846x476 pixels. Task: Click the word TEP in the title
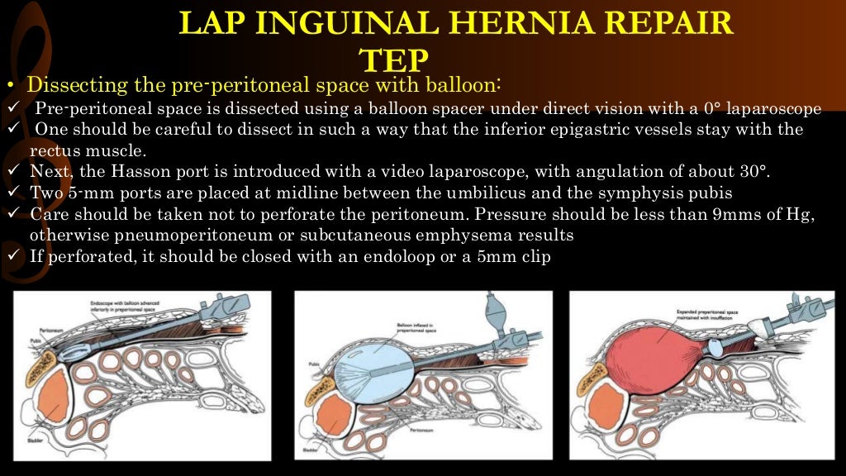[x=395, y=60]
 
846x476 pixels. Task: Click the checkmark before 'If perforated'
[x=12, y=256]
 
